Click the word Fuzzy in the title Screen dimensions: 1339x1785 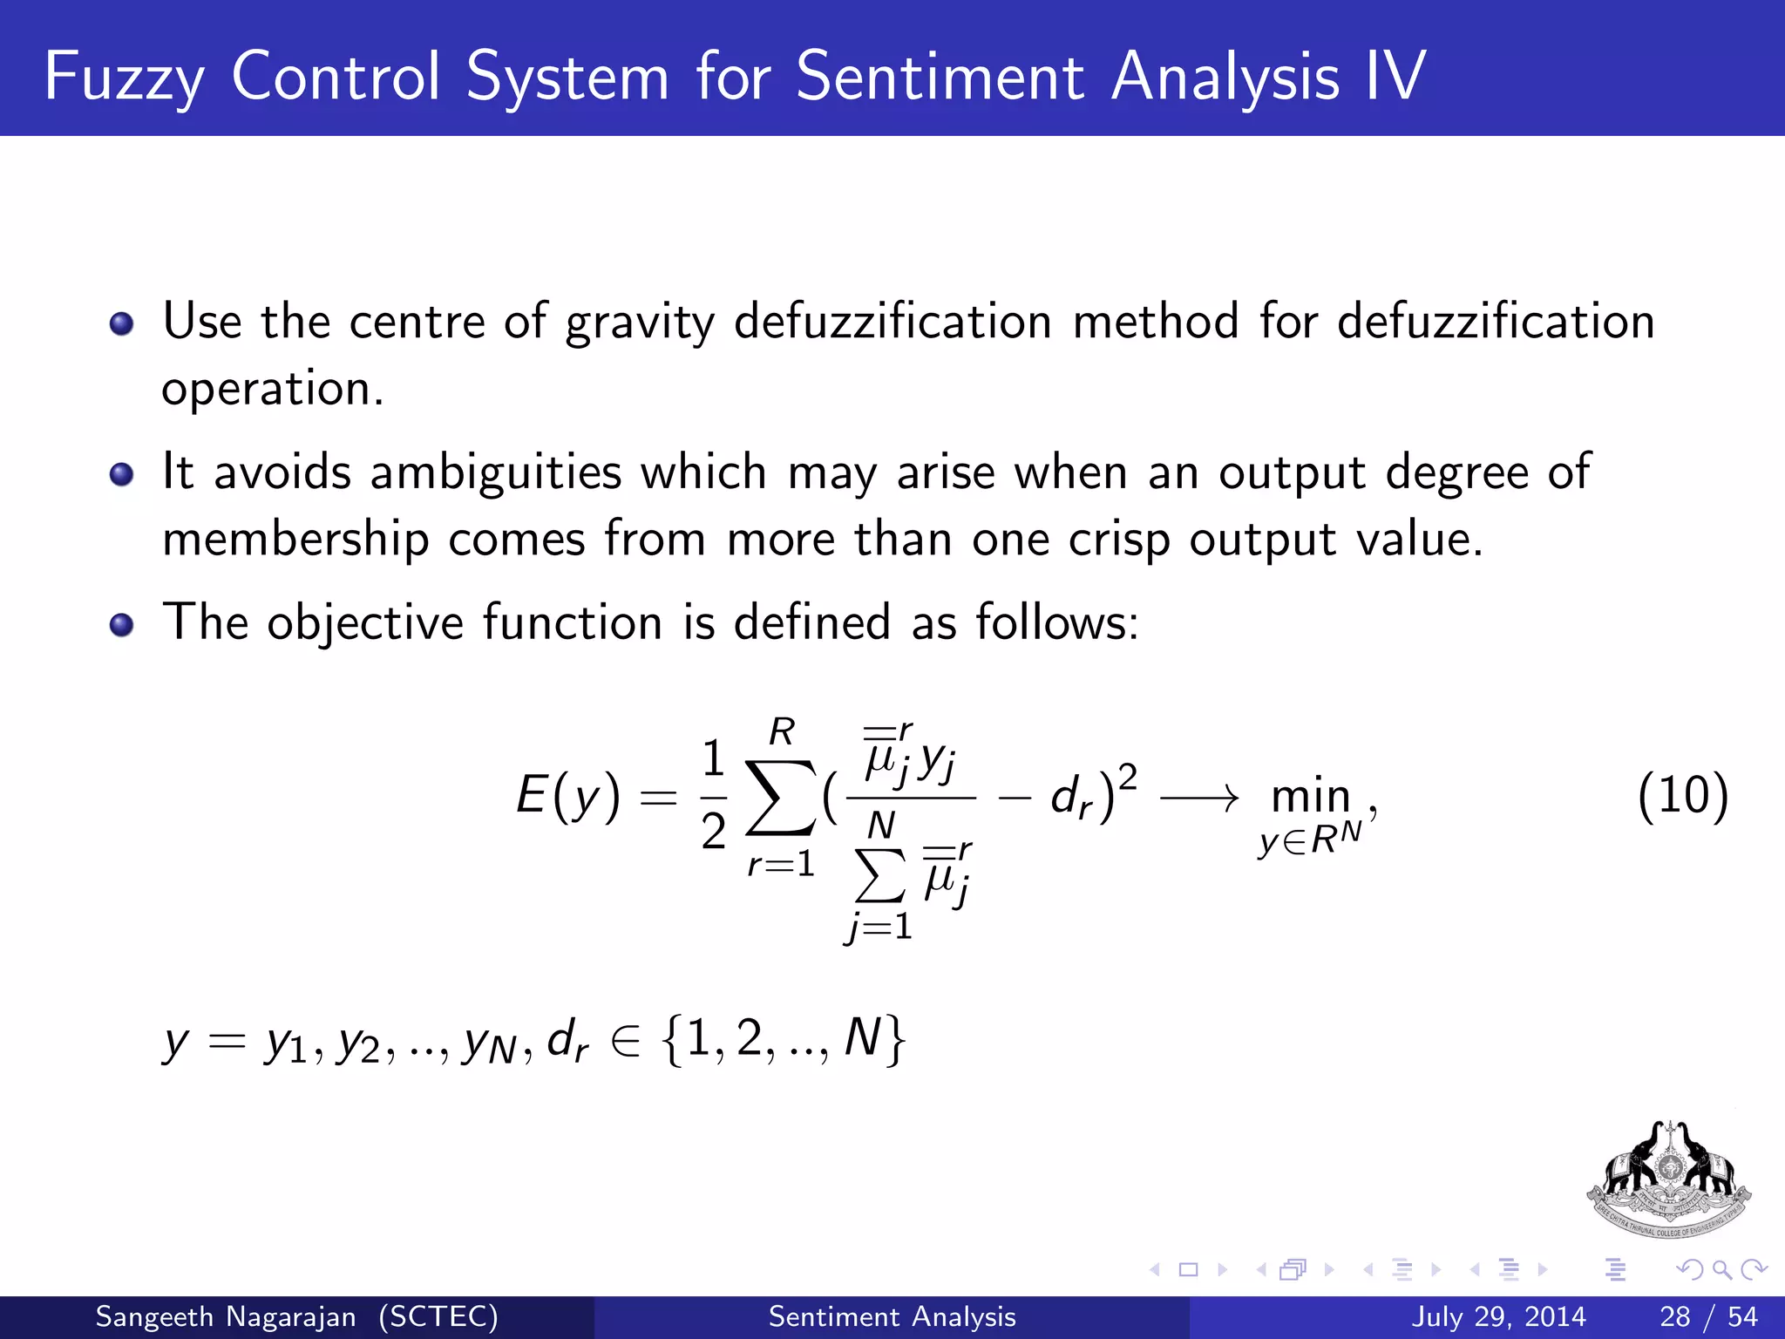pyautogui.click(x=124, y=78)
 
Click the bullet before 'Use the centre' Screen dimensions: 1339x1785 pyautogui.click(x=122, y=325)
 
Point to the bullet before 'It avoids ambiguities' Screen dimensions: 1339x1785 pyautogui.click(x=122, y=475)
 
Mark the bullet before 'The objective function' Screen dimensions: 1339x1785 pyautogui.click(x=122, y=625)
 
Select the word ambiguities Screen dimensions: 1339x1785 pyautogui.click(x=495, y=473)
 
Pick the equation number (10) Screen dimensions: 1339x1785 pyautogui.click(x=1682, y=795)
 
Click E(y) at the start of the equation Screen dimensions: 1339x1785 pyautogui.click(x=567, y=797)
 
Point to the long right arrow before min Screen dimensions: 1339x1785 pyautogui.click(x=1199, y=797)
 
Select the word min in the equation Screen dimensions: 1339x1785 pyautogui.click(x=1310, y=797)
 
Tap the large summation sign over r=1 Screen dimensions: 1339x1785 pyautogui.click(x=781, y=797)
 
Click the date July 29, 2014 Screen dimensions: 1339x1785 pyautogui.click(x=1497, y=1316)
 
